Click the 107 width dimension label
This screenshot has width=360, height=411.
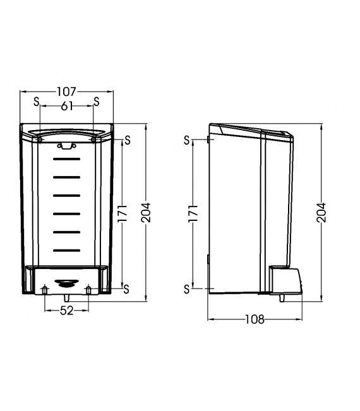tap(66, 92)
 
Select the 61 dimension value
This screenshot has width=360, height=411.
tap(66, 106)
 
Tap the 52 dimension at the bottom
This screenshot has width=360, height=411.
tap(66, 311)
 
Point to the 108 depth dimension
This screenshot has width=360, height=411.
tap(255, 319)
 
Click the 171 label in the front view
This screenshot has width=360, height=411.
tap(123, 213)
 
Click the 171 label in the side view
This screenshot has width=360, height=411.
tap(193, 213)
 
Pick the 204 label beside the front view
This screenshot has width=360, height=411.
tap(146, 213)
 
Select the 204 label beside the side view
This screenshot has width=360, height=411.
tap(321, 213)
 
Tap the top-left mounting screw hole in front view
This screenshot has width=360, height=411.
tap(40, 140)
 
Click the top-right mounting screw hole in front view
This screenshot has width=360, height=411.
tap(93, 140)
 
